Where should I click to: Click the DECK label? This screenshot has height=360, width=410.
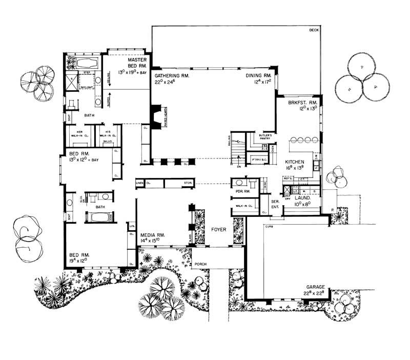click(x=314, y=30)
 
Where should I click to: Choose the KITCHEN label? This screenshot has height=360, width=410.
click(x=295, y=161)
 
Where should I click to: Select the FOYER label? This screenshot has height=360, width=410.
click(x=218, y=230)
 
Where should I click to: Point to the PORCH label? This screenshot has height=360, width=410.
click(x=200, y=265)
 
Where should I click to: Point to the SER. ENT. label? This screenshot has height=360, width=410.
click(x=275, y=203)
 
